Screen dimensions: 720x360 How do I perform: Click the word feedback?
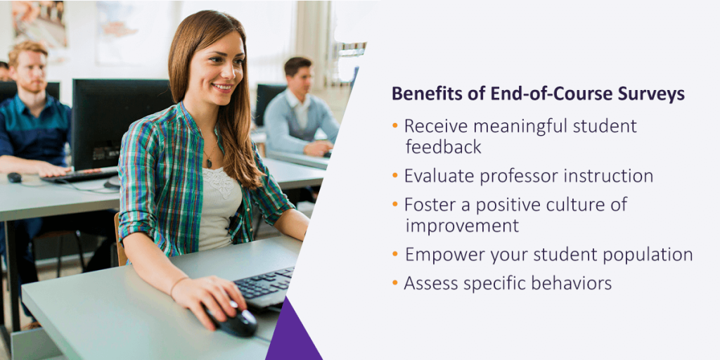[x=443, y=146]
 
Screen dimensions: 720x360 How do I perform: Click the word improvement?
[x=462, y=226]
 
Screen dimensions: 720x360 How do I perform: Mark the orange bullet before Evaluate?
[x=395, y=175]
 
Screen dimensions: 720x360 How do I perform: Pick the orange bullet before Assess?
[x=395, y=283]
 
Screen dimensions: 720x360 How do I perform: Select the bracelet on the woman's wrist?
[x=178, y=285]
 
